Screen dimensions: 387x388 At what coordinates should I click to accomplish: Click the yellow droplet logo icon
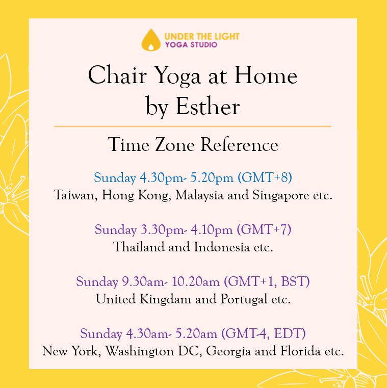[x=151, y=40]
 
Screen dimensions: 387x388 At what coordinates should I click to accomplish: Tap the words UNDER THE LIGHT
[x=202, y=37]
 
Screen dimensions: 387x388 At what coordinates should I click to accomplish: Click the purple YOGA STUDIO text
[x=191, y=45]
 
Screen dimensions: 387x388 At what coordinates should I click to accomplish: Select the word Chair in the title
[x=117, y=75]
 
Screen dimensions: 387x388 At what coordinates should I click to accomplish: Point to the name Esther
[x=208, y=107]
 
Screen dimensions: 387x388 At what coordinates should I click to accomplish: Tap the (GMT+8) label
[x=265, y=177]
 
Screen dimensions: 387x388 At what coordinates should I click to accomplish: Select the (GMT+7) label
[x=264, y=229]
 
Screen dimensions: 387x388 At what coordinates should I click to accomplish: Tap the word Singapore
[x=280, y=196]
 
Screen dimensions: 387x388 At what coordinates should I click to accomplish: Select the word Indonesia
[x=221, y=247]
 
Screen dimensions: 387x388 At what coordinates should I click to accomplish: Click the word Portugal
[x=244, y=299]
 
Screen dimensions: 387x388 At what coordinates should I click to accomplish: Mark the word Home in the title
[x=266, y=75]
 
